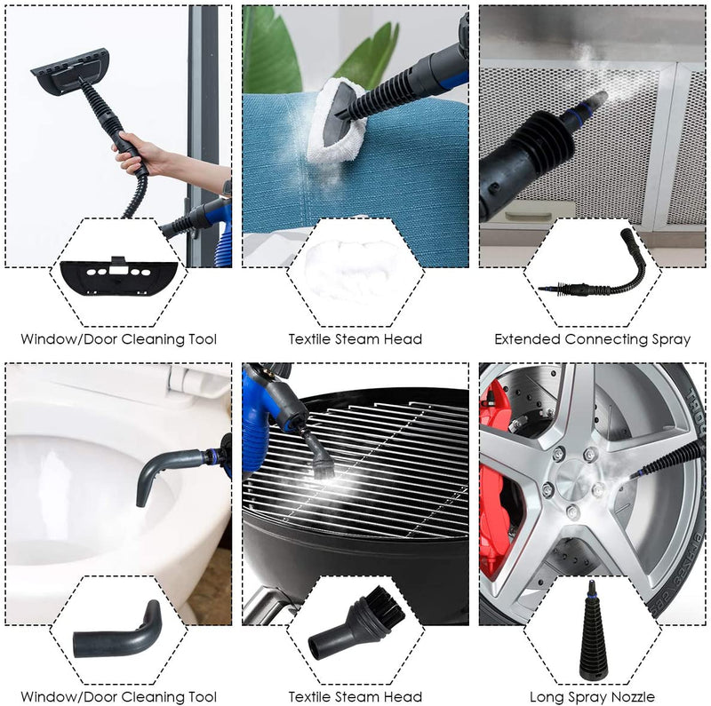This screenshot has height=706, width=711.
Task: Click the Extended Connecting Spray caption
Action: [x=592, y=338]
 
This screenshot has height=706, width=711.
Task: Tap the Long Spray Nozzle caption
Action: [x=592, y=697]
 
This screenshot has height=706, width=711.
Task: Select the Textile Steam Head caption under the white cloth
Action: [x=355, y=338]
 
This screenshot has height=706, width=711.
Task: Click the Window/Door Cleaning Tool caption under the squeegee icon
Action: [x=119, y=338]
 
